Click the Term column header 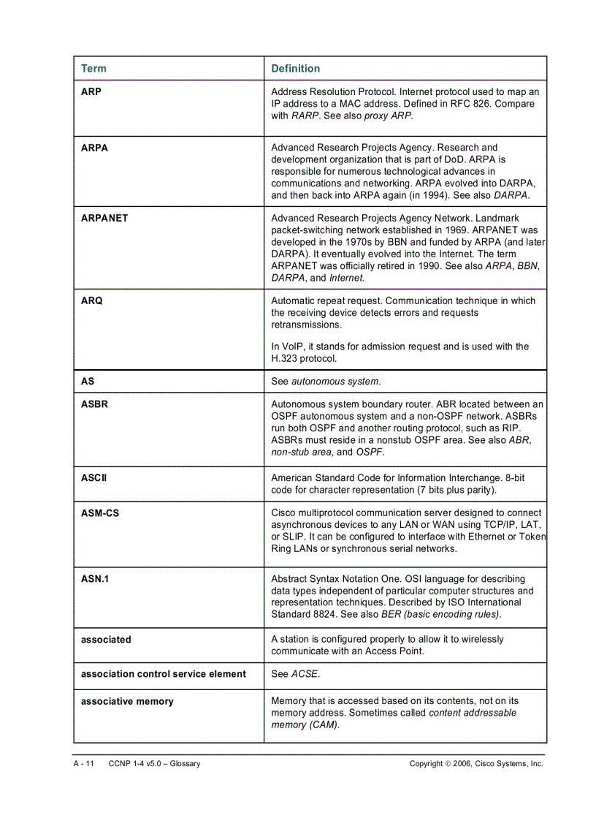click(x=93, y=69)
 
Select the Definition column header click(x=295, y=69)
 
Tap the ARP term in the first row click(x=91, y=92)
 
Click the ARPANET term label click(x=104, y=218)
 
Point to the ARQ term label click(x=92, y=300)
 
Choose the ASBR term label click(x=94, y=404)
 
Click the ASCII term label click(x=93, y=477)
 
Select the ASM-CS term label click(x=99, y=513)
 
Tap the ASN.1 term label click(x=94, y=579)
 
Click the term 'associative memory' click(x=127, y=701)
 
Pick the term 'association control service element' click(x=163, y=674)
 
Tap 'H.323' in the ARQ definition click(x=284, y=358)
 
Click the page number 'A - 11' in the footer click(x=84, y=763)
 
